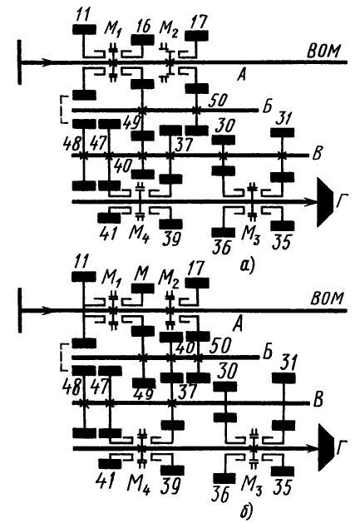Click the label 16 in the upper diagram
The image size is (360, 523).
(x=144, y=27)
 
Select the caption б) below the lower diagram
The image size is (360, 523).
(x=246, y=511)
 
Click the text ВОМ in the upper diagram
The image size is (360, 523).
(x=324, y=52)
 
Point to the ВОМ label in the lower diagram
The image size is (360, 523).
(x=327, y=299)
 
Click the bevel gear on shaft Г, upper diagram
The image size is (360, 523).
(x=324, y=202)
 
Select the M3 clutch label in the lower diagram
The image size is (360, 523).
(x=252, y=486)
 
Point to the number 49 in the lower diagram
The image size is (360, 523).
(x=144, y=394)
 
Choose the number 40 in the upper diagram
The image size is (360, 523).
(x=122, y=166)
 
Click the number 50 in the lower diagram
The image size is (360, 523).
(x=219, y=346)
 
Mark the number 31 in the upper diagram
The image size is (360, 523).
(x=284, y=120)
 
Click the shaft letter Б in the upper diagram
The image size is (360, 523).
(x=267, y=106)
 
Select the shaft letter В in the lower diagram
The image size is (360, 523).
(x=318, y=400)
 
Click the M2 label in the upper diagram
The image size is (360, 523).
(x=169, y=29)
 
